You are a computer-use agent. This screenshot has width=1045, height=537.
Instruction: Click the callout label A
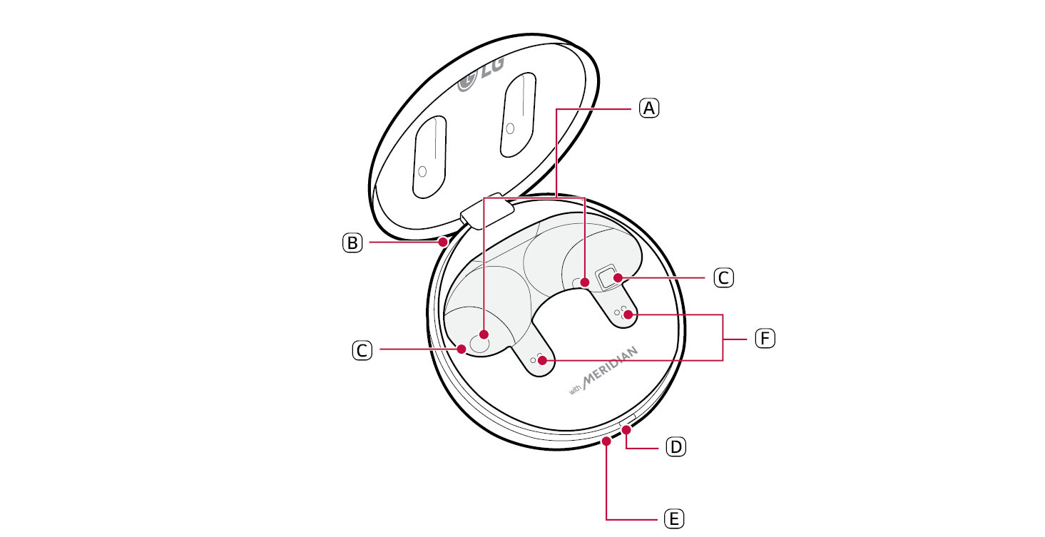coord(648,108)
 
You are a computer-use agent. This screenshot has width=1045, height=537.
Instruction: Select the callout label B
coord(352,242)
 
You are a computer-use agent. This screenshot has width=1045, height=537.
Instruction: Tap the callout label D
coord(676,446)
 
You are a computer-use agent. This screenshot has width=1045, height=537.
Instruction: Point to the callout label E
coord(673,518)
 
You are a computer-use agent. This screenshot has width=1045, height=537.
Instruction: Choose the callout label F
coord(765,338)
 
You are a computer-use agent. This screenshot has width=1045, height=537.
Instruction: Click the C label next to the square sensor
coord(723,278)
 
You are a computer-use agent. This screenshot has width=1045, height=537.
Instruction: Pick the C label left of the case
coord(362,350)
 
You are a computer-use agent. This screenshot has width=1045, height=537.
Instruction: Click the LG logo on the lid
coord(481,74)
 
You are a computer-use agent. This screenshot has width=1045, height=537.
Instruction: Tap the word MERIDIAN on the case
coord(610,367)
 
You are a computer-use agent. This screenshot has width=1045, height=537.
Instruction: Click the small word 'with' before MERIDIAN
coord(575,389)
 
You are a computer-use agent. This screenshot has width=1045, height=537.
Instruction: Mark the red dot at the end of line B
coord(443,242)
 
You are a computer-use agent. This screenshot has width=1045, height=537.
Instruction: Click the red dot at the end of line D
coord(626,430)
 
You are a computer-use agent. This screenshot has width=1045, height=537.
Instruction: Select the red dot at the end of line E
coord(606,441)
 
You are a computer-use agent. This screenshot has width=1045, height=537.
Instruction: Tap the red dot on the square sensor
coord(618,278)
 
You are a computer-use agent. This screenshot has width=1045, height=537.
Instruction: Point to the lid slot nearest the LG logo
coord(518,115)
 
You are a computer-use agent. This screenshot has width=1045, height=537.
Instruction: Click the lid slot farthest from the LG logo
coord(429,157)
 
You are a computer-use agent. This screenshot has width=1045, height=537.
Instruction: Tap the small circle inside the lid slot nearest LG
coord(510,128)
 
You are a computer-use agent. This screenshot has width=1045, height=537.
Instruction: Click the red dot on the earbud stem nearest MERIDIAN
coord(542,360)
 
